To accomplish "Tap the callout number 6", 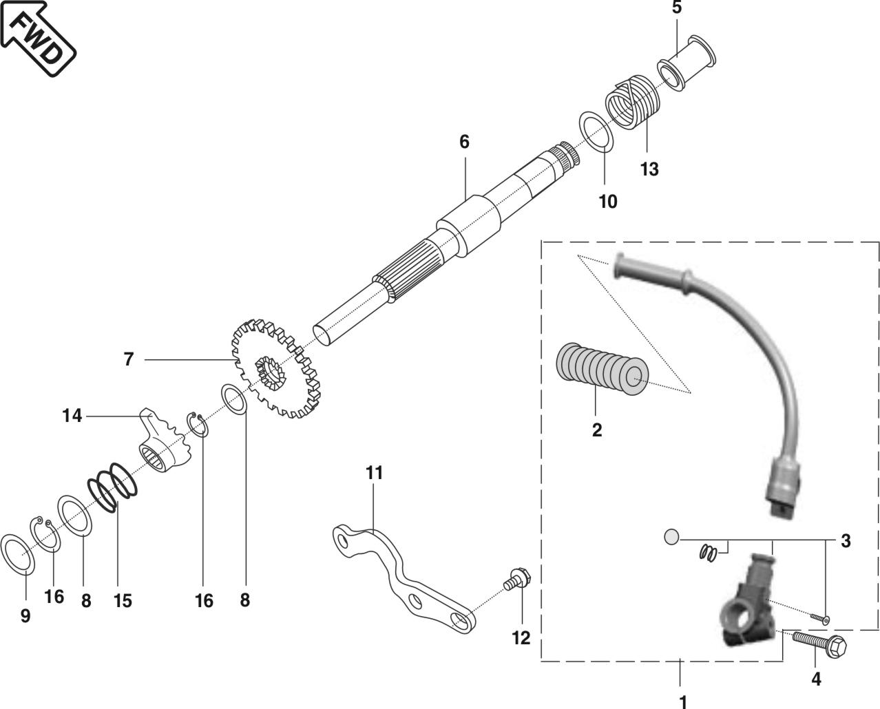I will pos(464,142).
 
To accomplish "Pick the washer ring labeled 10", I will pos(596,130).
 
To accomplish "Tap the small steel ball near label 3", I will pos(672,536).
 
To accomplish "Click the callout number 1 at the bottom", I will pos(683,702).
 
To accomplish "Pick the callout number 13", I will pos(649,169).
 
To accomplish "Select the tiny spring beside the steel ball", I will pos(710,551).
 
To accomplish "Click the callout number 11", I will pos(374,473).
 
